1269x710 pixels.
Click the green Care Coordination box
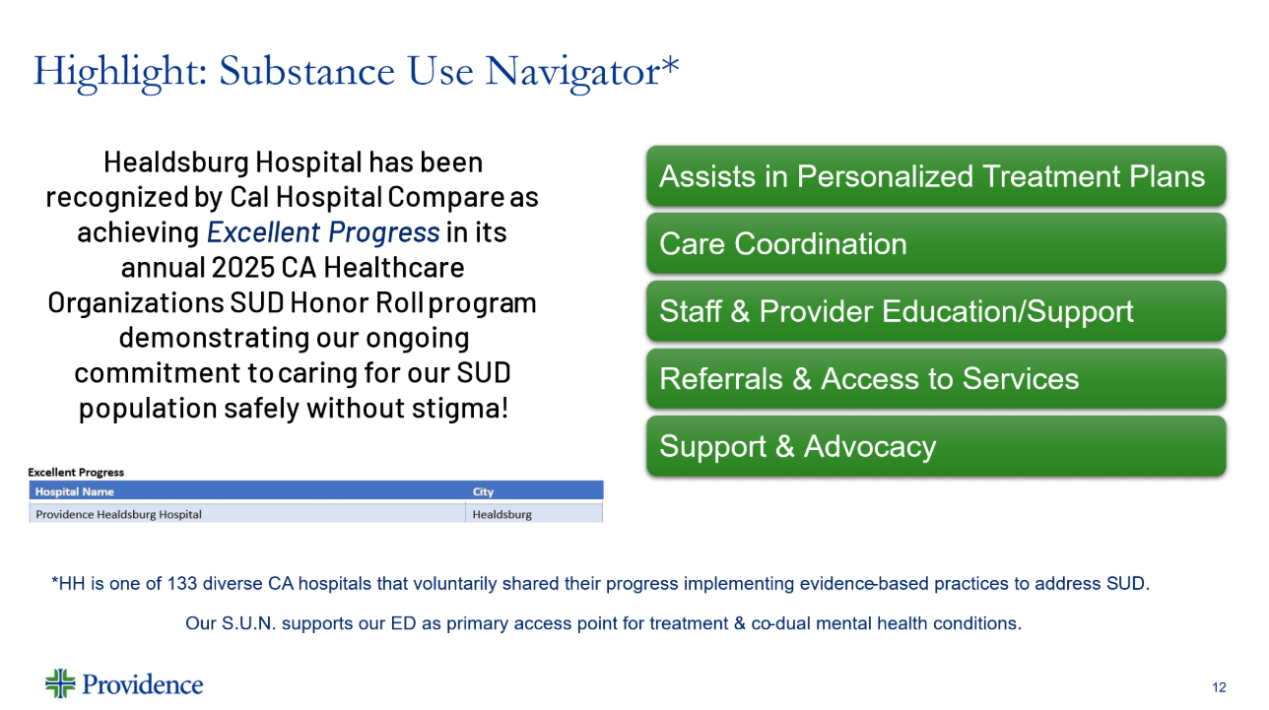tap(936, 243)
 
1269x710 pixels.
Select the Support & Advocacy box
tap(936, 446)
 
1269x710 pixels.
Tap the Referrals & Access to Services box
tap(936, 379)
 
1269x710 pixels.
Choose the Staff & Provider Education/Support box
tap(936, 311)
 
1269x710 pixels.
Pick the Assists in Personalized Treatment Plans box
tap(936, 176)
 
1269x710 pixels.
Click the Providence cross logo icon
tap(60, 683)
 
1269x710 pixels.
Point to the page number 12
tap(1219, 687)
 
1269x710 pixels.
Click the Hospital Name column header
tap(74, 491)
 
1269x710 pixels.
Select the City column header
tap(483, 491)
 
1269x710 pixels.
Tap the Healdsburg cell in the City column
tap(501, 515)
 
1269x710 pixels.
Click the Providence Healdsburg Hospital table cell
tap(118, 515)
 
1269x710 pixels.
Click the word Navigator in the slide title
tap(572, 72)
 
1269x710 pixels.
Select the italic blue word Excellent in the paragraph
tap(263, 232)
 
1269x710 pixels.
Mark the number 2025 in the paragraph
tap(243, 267)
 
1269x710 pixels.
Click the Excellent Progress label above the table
tap(76, 473)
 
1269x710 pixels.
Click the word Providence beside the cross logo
tap(142, 684)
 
